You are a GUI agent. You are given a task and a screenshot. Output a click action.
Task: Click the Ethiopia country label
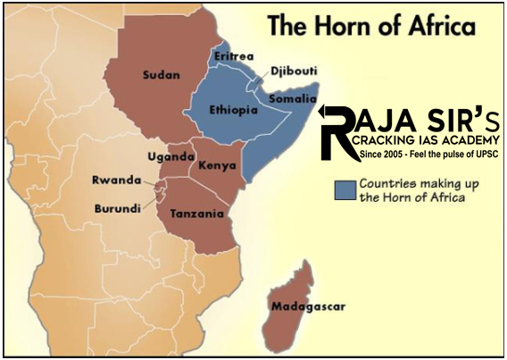(235, 109)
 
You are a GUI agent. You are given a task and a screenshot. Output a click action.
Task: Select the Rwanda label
(117, 180)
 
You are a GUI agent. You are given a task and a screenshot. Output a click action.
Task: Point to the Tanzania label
(191, 214)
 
